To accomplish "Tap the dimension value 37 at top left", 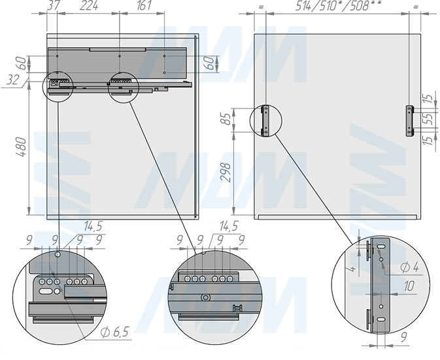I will tap(54, 6).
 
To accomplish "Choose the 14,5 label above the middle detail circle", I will tap(229, 227).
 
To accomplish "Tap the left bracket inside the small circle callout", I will tap(265, 120).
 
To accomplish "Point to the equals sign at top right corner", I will tap(417, 6).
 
